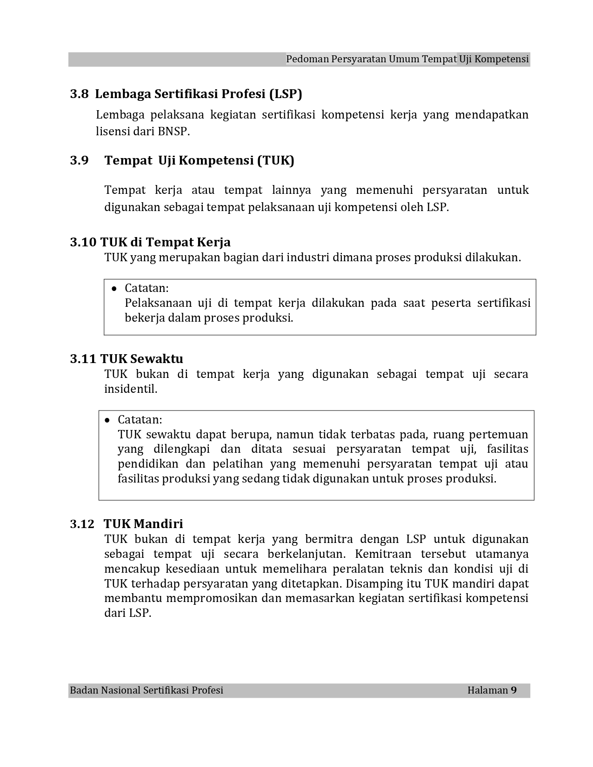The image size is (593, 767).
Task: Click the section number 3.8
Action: (x=79, y=94)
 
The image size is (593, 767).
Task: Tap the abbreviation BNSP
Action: (x=173, y=132)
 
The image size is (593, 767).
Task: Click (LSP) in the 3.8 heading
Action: (x=286, y=94)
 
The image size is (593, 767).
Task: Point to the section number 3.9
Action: (x=79, y=160)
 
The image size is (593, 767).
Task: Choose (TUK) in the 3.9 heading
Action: (x=275, y=160)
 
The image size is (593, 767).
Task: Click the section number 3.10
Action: (x=83, y=242)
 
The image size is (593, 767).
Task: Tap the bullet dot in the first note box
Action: (x=114, y=289)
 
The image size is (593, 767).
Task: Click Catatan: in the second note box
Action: (x=140, y=420)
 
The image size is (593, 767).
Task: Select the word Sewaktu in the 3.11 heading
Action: (x=157, y=359)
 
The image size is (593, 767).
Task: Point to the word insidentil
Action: (x=131, y=389)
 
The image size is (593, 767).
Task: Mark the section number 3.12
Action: (x=82, y=524)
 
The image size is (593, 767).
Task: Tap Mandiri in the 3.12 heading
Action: (x=158, y=524)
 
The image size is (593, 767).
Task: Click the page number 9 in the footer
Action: (x=514, y=690)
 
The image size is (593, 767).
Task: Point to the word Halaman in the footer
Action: (x=487, y=690)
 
